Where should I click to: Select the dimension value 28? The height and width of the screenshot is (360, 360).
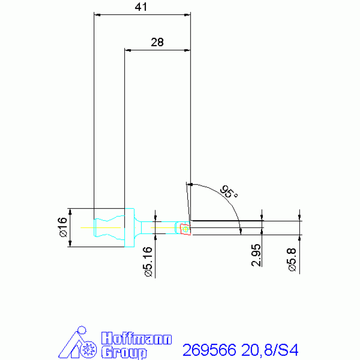(157, 42)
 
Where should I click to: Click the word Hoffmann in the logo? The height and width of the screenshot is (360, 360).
(137, 339)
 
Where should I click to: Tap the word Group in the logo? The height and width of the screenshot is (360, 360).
(124, 352)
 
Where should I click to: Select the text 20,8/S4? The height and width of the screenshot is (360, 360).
(269, 350)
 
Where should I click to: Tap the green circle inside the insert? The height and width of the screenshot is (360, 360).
(186, 230)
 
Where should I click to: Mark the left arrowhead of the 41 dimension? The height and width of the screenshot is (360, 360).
(97, 14)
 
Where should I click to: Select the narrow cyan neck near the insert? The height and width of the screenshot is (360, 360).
(164, 228)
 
